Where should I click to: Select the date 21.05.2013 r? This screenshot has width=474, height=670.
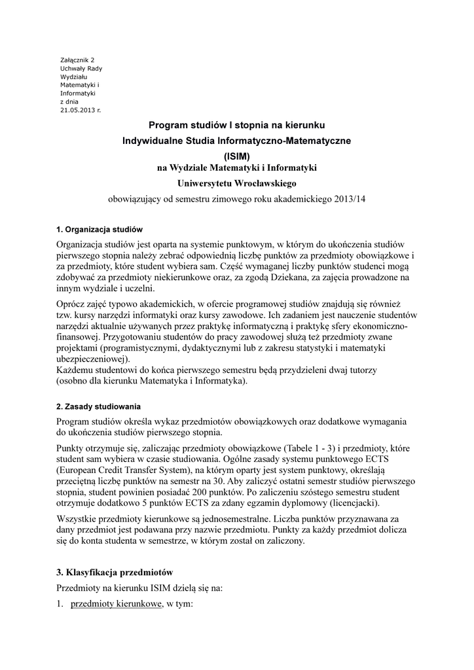pyautogui.click(x=81, y=111)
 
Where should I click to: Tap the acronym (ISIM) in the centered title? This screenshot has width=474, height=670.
pyautogui.click(x=237, y=156)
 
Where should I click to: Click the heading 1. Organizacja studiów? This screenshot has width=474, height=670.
pyautogui.click(x=100, y=230)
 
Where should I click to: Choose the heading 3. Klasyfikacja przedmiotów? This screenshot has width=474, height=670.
pyautogui.click(x=114, y=572)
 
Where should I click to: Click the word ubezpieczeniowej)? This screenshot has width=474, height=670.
pyautogui.click(x=93, y=359)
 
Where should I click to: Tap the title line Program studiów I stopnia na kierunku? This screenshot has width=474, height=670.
pyautogui.click(x=237, y=124)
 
